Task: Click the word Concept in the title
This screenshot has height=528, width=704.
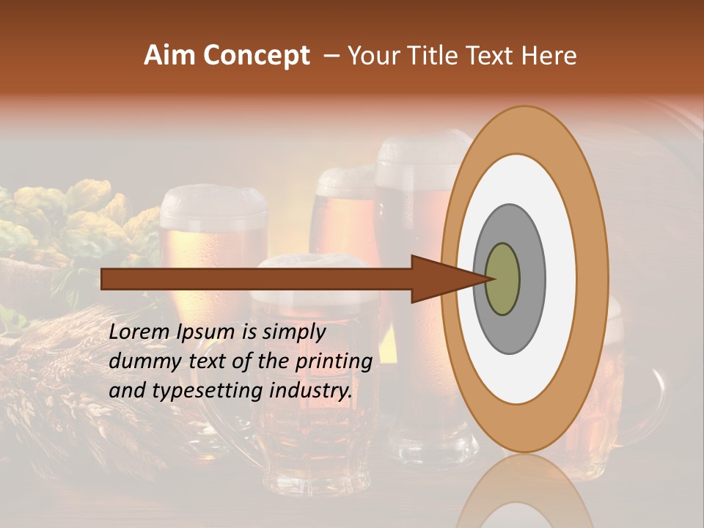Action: (x=255, y=56)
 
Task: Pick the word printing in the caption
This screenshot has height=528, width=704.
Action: (x=334, y=362)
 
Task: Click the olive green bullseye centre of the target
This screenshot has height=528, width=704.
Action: (x=502, y=279)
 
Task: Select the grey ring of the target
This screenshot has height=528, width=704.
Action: (x=531, y=279)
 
